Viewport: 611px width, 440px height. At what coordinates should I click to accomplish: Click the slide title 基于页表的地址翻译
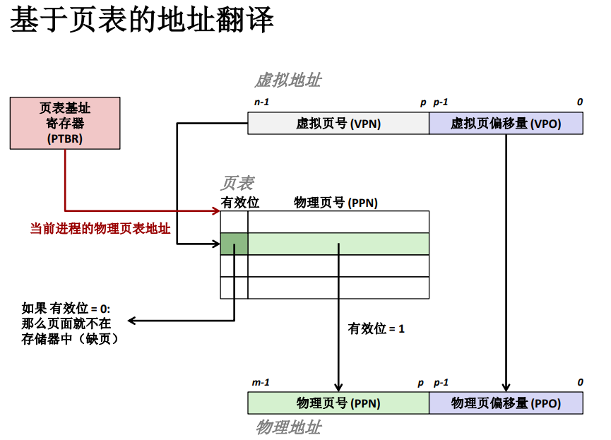[x=141, y=21]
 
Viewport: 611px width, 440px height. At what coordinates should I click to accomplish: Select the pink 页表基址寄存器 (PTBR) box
[x=65, y=123]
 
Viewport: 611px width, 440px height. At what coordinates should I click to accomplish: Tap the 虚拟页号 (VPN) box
[x=338, y=123]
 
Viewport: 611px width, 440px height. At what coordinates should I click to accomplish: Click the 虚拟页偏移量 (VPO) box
[x=506, y=123]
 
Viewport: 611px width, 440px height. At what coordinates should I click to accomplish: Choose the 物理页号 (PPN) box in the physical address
[x=338, y=403]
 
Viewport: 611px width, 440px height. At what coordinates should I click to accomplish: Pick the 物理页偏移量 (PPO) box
[x=506, y=403]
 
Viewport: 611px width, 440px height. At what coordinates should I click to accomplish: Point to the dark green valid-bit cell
[x=234, y=244]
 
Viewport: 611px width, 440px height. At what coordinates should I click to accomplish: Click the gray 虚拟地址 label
[x=287, y=80]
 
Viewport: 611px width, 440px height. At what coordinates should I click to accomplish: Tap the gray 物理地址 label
[x=288, y=427]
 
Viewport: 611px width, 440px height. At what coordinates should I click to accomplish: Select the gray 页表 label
[x=237, y=184]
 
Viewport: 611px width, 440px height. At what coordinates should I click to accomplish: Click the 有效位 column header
[x=240, y=203]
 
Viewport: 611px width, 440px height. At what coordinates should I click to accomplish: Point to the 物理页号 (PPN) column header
[x=336, y=203]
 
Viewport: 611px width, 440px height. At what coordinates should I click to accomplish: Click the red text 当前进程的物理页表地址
[x=100, y=229]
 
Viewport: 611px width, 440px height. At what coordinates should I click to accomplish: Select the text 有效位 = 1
[x=376, y=328]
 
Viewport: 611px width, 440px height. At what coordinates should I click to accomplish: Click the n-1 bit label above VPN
[x=261, y=102]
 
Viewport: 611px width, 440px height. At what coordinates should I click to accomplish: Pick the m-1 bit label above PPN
[x=261, y=383]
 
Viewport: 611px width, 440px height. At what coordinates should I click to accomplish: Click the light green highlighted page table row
[x=338, y=244]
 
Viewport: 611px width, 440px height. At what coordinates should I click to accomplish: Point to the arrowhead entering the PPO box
[x=506, y=388]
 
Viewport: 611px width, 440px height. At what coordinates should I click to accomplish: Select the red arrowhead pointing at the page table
[x=215, y=210]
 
